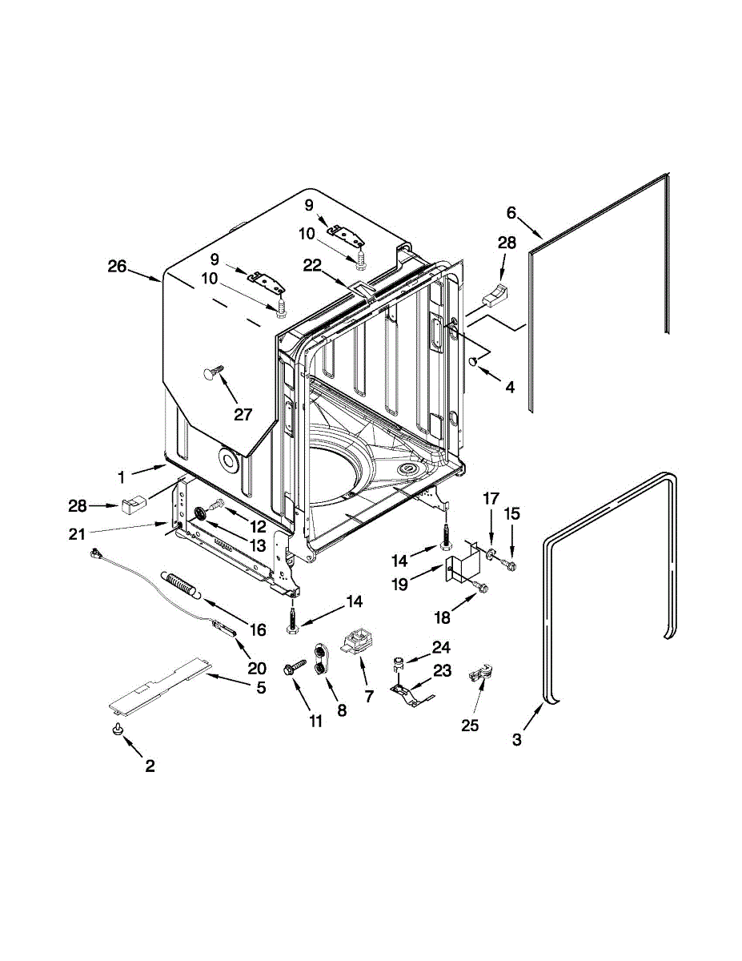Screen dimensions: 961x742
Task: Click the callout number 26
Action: point(118,267)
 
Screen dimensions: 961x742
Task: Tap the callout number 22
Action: point(312,266)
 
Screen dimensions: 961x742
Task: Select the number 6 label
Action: point(511,213)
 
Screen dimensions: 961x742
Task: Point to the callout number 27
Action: point(243,415)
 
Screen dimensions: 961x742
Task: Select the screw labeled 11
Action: point(295,665)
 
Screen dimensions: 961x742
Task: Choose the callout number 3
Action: point(517,740)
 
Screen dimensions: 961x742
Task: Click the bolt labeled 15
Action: point(506,565)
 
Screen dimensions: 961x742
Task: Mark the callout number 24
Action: point(442,647)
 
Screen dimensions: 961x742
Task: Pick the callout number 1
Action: point(121,477)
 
